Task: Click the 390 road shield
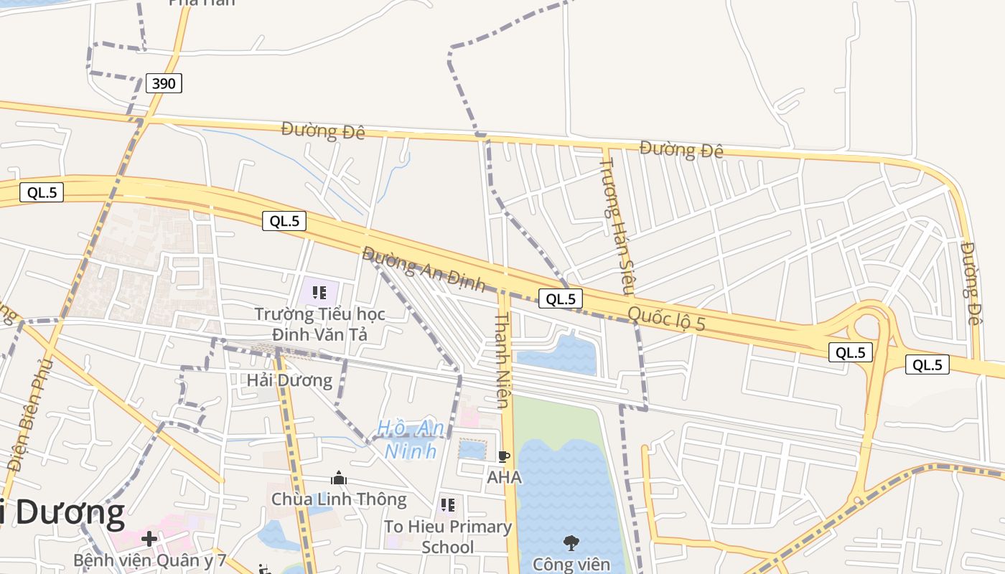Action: (x=164, y=83)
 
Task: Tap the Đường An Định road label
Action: (x=423, y=269)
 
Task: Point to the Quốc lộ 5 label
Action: (x=665, y=318)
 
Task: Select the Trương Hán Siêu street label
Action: (x=617, y=226)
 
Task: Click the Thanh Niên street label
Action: (x=502, y=359)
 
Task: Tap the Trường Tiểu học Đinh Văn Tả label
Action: (x=319, y=324)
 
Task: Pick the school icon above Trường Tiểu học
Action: (x=319, y=293)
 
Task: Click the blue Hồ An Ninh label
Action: (x=411, y=439)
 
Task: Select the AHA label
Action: (x=504, y=477)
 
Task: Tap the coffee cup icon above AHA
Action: (x=504, y=456)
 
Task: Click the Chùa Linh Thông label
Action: (x=339, y=499)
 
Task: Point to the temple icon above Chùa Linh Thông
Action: (x=339, y=478)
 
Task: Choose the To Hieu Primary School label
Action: (x=448, y=537)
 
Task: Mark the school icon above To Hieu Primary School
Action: (x=448, y=505)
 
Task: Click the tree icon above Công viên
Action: (x=571, y=543)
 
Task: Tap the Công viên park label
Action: (x=571, y=565)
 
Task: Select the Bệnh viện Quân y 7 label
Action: (x=150, y=560)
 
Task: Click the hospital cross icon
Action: (x=149, y=539)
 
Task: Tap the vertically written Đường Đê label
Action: (x=970, y=283)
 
